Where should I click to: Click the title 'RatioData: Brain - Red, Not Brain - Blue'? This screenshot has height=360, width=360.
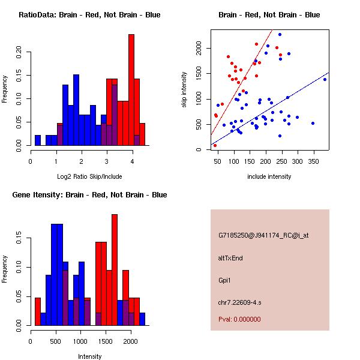[89, 14]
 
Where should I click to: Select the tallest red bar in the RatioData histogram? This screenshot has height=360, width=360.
[131, 90]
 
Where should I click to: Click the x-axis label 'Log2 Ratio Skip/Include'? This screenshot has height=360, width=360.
[89, 176]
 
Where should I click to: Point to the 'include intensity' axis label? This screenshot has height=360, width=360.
[269, 176]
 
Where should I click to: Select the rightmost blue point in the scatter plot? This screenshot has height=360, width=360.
[325, 79]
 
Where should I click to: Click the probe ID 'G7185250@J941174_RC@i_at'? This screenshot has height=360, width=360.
[263, 235]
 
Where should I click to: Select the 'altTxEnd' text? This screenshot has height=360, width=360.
[230, 258]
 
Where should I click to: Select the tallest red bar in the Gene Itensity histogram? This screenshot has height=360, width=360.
[115, 269]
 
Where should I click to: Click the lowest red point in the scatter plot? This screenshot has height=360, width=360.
[215, 145]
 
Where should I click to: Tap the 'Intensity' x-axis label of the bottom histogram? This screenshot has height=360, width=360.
[89, 356]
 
